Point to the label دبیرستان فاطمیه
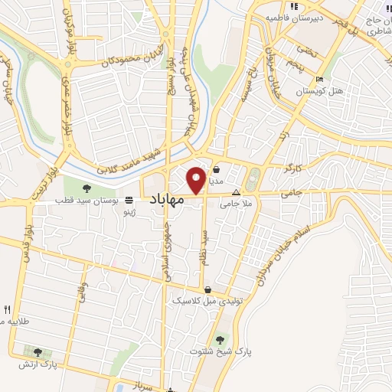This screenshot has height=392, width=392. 292,16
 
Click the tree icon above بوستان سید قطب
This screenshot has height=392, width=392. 85,187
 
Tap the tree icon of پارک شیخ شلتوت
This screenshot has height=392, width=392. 220,337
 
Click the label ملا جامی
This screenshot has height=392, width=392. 237,204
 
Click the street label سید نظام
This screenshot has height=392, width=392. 205,247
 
